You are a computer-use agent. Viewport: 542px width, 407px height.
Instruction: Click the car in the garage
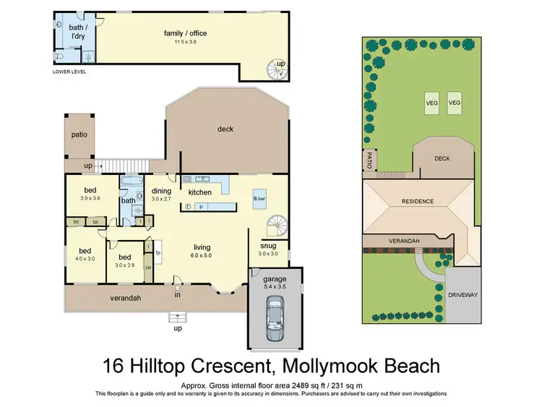coord(275,318)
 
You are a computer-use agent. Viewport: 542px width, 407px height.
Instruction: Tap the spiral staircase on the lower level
coord(277,70)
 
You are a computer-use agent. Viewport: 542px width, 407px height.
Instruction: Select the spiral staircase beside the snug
coord(278,225)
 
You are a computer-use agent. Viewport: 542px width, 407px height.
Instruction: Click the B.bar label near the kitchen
coord(259,199)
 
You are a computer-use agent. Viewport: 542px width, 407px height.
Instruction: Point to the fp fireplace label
coord(158,252)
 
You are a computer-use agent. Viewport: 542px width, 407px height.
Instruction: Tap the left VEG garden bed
coord(431,103)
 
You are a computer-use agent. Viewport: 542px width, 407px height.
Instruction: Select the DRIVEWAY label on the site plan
coord(463,295)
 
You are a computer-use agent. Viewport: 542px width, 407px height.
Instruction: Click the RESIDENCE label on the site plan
coord(418,201)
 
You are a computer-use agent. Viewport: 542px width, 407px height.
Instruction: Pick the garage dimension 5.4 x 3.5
coord(275,286)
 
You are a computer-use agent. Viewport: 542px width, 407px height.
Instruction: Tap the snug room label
coord(268,246)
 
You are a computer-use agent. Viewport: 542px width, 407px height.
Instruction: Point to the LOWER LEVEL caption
coord(69,72)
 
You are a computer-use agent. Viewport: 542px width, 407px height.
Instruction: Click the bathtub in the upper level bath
coord(132,181)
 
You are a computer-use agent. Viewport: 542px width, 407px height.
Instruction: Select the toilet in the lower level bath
coord(59,56)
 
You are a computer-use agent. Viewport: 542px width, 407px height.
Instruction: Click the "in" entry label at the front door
coord(177,295)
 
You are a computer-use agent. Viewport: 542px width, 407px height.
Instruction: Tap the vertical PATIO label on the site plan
coord(369,160)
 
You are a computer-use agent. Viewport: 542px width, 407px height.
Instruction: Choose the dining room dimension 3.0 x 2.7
coord(161,199)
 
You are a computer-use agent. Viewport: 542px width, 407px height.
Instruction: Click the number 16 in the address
coord(113,366)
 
